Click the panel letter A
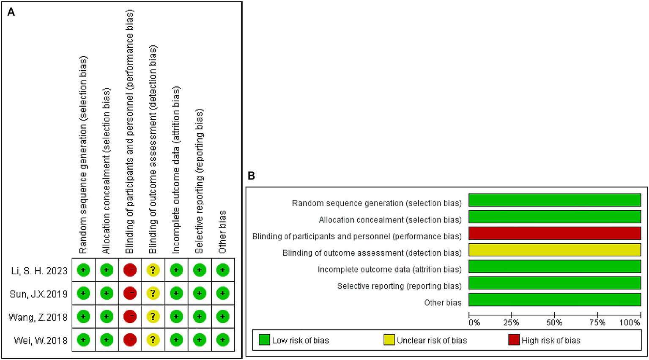(x=11, y=12)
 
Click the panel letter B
(x=251, y=176)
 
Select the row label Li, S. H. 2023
(x=39, y=271)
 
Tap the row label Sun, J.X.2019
(x=38, y=294)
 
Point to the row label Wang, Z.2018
(x=38, y=317)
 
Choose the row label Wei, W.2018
(x=41, y=340)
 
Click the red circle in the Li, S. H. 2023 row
(x=130, y=270)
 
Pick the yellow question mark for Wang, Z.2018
(x=153, y=316)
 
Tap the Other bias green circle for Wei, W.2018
(x=222, y=340)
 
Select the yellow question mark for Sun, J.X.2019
(x=153, y=293)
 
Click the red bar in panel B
(x=554, y=234)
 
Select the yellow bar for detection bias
(x=554, y=250)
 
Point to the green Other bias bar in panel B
(x=554, y=300)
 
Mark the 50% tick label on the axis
(x=554, y=323)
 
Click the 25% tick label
(x=511, y=323)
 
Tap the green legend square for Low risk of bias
(x=264, y=340)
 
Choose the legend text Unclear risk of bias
(x=431, y=341)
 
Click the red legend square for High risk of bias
(x=514, y=340)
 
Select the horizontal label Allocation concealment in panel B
(x=390, y=220)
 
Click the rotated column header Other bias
(x=222, y=232)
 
